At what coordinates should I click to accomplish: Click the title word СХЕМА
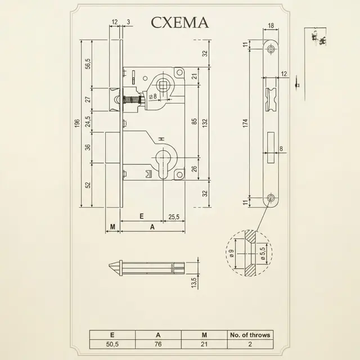(x=180, y=22)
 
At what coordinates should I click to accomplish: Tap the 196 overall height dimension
(x=77, y=123)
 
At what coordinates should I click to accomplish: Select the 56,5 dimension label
(x=88, y=64)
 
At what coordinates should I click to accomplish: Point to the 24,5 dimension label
(x=88, y=121)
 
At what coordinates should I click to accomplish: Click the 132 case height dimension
(x=205, y=123)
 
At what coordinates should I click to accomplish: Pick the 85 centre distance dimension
(x=194, y=121)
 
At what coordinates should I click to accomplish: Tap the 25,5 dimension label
(x=174, y=217)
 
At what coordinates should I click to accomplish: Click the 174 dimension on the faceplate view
(x=246, y=123)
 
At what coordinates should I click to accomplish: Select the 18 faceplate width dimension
(x=271, y=25)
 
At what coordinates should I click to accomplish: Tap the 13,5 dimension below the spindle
(x=194, y=282)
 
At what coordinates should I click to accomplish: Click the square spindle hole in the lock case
(x=163, y=85)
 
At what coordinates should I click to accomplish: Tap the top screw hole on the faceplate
(x=271, y=49)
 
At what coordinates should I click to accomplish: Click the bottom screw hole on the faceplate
(x=271, y=197)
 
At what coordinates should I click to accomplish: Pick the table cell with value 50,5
(x=112, y=344)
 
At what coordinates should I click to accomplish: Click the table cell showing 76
(x=158, y=344)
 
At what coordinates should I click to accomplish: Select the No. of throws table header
(x=250, y=335)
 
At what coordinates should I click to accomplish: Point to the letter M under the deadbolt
(x=112, y=227)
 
